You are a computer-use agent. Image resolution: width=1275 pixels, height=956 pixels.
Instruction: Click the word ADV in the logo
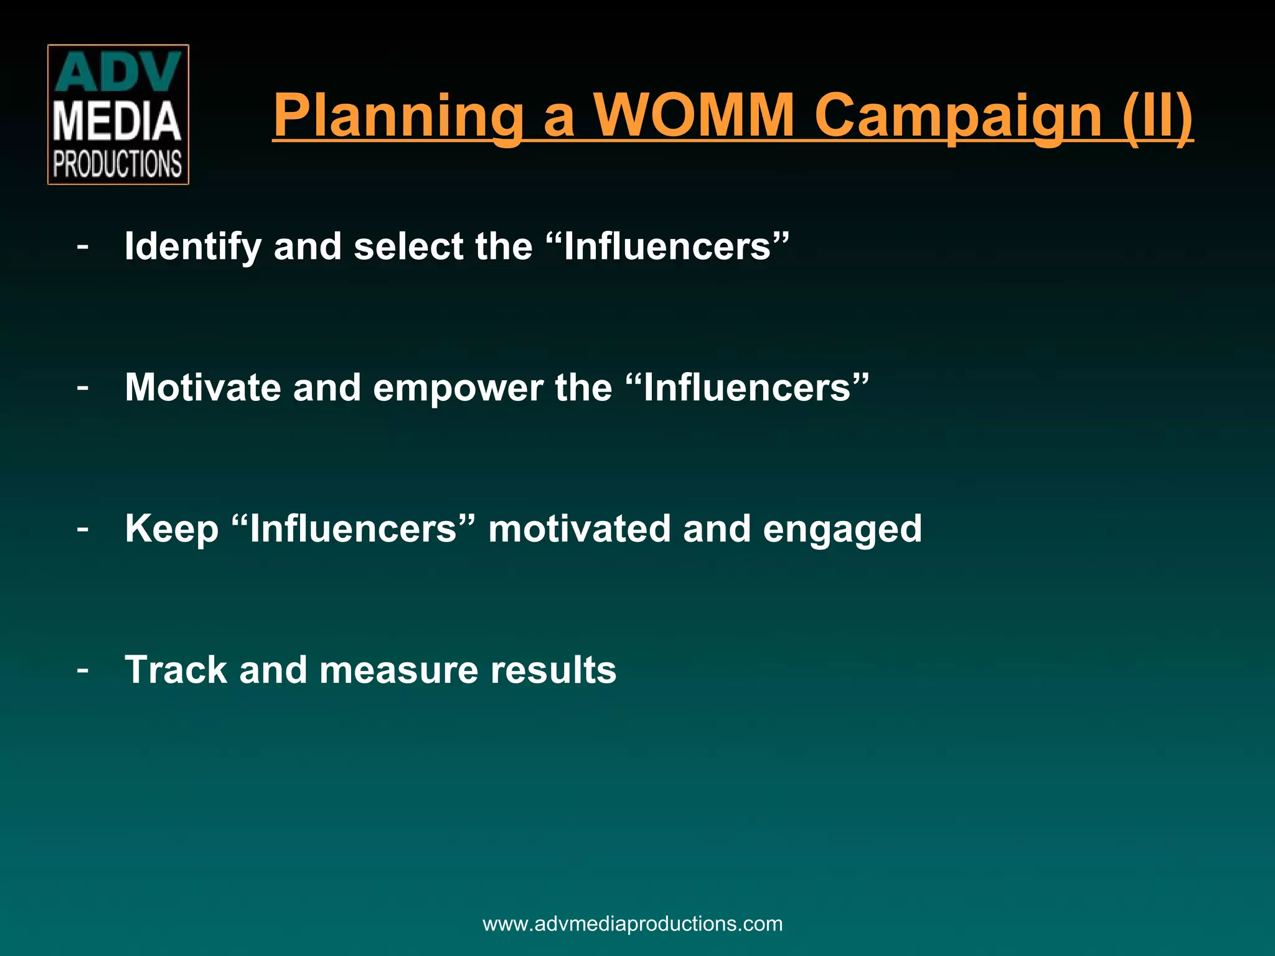118,73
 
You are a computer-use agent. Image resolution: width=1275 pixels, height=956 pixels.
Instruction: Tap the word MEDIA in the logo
117,122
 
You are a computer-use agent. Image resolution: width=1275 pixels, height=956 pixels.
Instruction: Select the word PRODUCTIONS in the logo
117,164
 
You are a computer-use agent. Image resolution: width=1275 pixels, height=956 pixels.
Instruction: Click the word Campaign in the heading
958,116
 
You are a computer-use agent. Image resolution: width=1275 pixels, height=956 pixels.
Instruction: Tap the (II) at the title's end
1157,116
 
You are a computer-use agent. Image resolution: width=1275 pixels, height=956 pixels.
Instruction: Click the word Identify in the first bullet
192,247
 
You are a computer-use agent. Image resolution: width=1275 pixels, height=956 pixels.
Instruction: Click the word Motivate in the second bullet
203,387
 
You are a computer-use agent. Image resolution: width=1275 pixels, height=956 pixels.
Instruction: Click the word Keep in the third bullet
172,530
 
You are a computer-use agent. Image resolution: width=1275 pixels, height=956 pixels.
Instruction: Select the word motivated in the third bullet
579,528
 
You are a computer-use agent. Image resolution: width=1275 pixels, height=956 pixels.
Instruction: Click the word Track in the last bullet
176,670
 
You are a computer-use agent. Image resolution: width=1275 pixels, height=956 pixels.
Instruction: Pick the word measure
398,671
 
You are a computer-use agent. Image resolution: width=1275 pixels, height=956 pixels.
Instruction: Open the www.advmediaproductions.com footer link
633,924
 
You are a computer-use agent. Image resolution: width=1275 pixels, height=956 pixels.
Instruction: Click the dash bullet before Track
82,671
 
